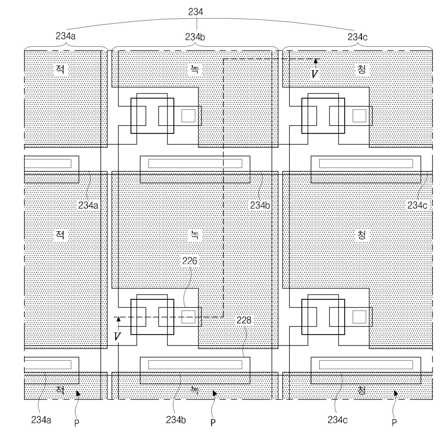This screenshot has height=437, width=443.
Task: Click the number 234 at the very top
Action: pyautogui.click(x=195, y=12)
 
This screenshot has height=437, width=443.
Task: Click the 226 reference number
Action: pyautogui.click(x=189, y=261)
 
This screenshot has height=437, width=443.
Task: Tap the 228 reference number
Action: pyautogui.click(x=244, y=320)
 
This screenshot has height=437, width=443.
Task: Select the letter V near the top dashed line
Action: pyautogui.click(x=314, y=74)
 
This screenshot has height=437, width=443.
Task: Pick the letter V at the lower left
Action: pyautogui.click(x=117, y=336)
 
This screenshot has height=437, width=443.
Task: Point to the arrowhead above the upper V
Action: pyautogui.click(x=315, y=62)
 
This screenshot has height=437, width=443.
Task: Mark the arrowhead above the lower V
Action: pyautogui.click(x=118, y=319)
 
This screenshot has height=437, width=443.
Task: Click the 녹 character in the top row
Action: pyautogui.click(x=195, y=69)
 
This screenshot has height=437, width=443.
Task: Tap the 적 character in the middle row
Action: pyautogui.click(x=60, y=235)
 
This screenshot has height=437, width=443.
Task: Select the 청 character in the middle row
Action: pyautogui.click(x=362, y=235)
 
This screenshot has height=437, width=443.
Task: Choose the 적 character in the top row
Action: pyautogui.click(x=60, y=69)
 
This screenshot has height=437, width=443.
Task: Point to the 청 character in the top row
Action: pyautogui.click(x=362, y=69)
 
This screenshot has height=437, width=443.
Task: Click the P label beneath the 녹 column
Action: pyautogui.click(x=213, y=422)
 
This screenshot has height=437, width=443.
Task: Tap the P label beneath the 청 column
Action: pyautogui.click(x=394, y=422)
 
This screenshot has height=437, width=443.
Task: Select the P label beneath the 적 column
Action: pyautogui.click(x=76, y=422)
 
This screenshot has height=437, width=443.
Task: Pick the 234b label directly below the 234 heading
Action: pyautogui.click(x=195, y=37)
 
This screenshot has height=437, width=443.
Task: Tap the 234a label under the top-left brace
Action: pyautogui.click(x=65, y=36)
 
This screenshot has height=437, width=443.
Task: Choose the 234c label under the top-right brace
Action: pyautogui.click(x=358, y=37)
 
